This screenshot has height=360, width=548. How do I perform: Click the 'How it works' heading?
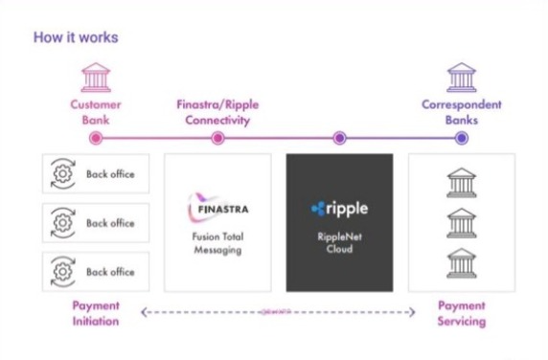[x=76, y=38]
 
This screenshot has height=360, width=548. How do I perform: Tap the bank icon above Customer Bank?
[x=96, y=77]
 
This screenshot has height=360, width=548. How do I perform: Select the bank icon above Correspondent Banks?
[x=462, y=77]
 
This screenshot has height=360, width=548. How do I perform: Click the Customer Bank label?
[x=95, y=111]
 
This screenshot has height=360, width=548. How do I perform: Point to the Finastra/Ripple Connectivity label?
[x=218, y=111]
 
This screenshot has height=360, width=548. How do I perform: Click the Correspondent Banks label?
[x=462, y=111]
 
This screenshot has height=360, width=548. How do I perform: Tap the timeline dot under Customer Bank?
[x=96, y=138]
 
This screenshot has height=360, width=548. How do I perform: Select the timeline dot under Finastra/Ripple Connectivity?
[x=217, y=138]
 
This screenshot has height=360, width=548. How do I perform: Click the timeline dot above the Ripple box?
[x=339, y=138]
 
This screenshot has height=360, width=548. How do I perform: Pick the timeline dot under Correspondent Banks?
[x=462, y=138]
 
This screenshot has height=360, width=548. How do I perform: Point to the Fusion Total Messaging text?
[x=217, y=242]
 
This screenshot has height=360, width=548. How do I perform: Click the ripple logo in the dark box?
[x=339, y=208]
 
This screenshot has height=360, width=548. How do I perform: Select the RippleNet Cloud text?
[x=339, y=242]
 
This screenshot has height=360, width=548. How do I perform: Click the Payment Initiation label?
[x=96, y=314]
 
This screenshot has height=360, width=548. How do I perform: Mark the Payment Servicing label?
[x=462, y=314]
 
